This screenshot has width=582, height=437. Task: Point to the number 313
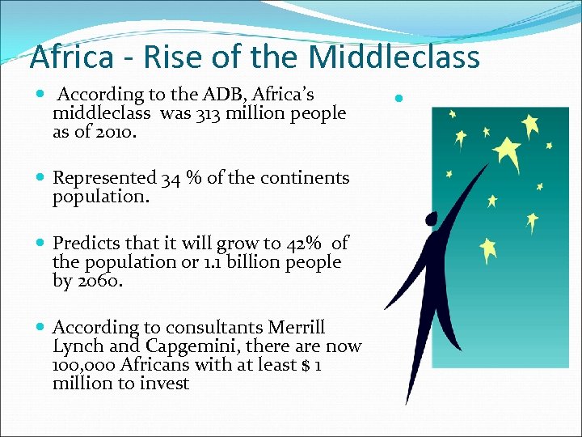(207, 114)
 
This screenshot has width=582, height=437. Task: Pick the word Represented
(104, 177)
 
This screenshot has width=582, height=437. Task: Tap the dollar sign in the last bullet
(306, 364)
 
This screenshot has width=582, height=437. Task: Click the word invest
(166, 383)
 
